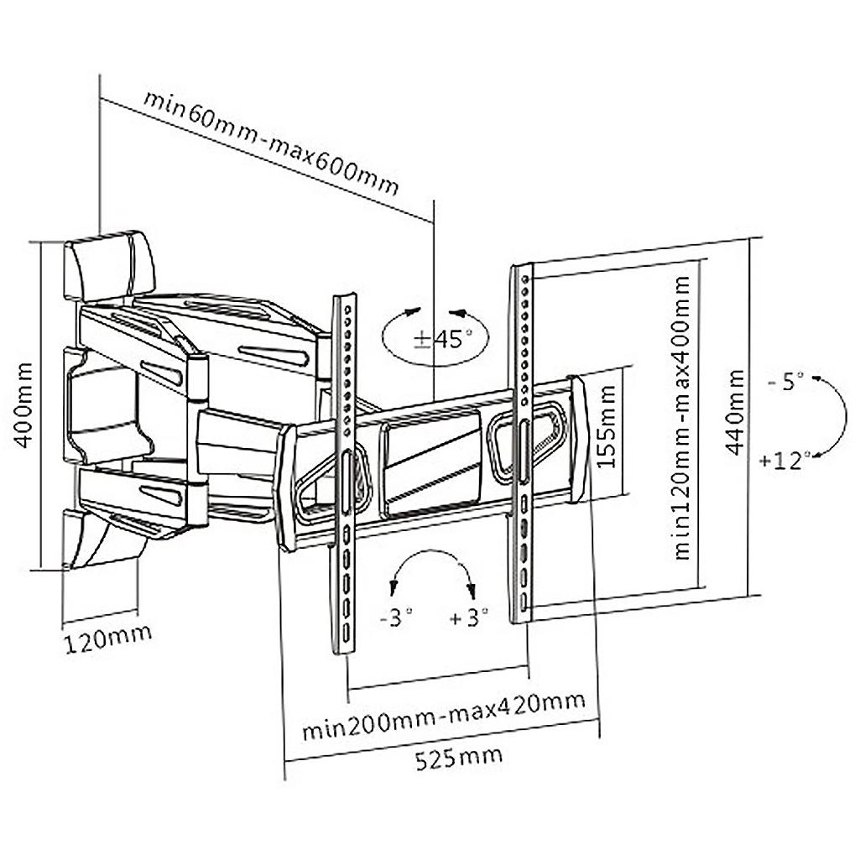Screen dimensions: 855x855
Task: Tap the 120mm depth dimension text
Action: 108,639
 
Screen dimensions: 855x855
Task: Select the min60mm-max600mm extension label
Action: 271,143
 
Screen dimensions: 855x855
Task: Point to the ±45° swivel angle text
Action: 443,339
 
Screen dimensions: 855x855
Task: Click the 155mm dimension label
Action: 607,426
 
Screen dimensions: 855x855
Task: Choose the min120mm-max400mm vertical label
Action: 682,418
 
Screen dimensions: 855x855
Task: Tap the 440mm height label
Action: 736,412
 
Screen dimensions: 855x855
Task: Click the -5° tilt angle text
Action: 785,381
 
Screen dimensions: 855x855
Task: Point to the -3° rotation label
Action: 396,618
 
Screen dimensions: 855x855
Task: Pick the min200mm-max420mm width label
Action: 444,715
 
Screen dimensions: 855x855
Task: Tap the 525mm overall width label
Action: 459,759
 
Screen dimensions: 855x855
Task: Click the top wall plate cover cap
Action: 109,265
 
